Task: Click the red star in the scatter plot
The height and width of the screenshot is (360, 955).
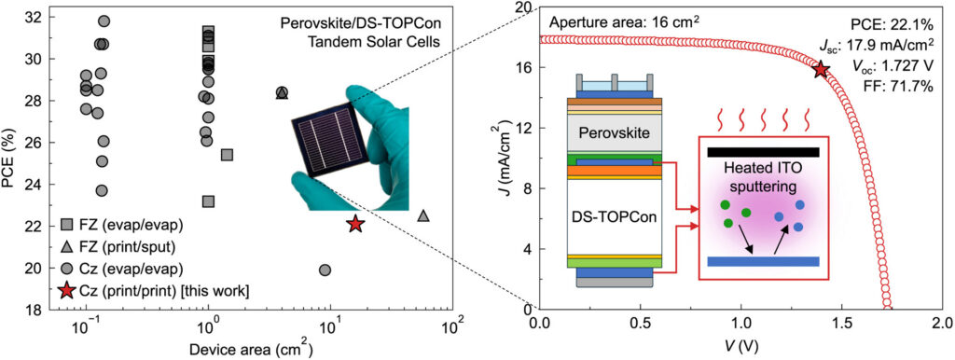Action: (355, 224)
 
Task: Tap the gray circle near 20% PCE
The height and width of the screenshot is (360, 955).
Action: (325, 270)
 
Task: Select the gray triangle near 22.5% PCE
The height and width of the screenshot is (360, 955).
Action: (423, 215)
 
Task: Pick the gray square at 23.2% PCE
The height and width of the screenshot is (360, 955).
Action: (208, 201)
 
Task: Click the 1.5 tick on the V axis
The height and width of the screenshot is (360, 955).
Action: (842, 322)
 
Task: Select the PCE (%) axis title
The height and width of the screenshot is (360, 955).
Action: (8, 160)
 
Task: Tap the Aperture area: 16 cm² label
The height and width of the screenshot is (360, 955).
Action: (624, 23)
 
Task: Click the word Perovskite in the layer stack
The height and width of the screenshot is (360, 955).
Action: (615, 132)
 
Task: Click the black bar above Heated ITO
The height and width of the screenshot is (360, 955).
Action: (763, 152)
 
